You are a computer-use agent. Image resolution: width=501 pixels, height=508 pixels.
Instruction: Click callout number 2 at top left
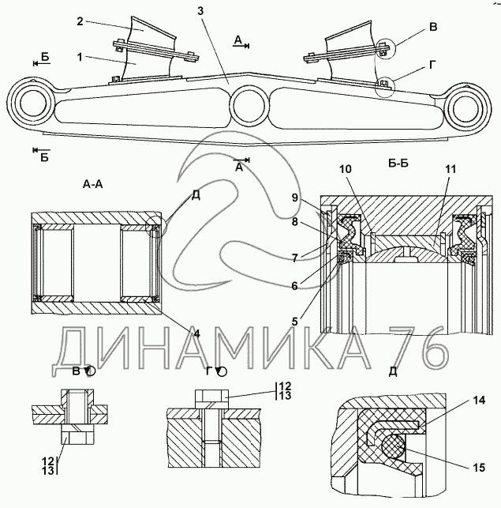[80, 21]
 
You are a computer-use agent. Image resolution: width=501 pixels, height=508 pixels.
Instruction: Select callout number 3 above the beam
[200, 11]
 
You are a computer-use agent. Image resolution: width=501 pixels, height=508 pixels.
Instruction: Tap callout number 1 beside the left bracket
[80, 57]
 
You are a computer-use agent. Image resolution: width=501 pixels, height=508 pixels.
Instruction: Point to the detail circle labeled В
[387, 49]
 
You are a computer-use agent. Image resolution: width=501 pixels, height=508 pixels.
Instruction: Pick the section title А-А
[93, 184]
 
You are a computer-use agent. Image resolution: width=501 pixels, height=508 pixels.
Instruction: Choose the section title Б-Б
[398, 164]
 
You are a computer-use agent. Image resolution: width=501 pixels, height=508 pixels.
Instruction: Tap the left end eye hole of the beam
[36, 103]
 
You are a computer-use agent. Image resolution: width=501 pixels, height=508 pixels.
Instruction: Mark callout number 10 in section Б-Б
[346, 169]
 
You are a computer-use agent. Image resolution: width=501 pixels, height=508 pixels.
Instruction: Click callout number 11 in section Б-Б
[451, 169]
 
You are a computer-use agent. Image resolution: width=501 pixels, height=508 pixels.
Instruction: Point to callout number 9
[295, 198]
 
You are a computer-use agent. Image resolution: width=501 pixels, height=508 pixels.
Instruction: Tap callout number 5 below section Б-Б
[294, 322]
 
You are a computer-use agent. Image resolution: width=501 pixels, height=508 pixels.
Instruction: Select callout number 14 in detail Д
[479, 400]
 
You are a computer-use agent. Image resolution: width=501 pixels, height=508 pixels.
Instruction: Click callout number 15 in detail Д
[479, 467]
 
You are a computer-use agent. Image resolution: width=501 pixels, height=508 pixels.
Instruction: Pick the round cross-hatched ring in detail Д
[393, 446]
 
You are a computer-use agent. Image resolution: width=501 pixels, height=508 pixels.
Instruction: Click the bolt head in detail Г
[211, 400]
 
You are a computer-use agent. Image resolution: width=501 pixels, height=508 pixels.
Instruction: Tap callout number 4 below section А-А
[196, 333]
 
